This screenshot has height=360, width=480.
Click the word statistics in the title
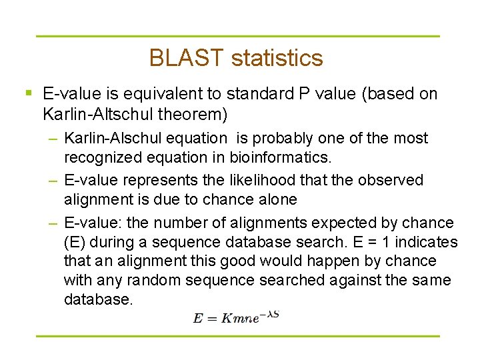coord(277,58)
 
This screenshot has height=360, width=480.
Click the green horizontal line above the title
coord(237,36)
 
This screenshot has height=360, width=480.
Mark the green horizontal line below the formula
coord(237,336)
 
